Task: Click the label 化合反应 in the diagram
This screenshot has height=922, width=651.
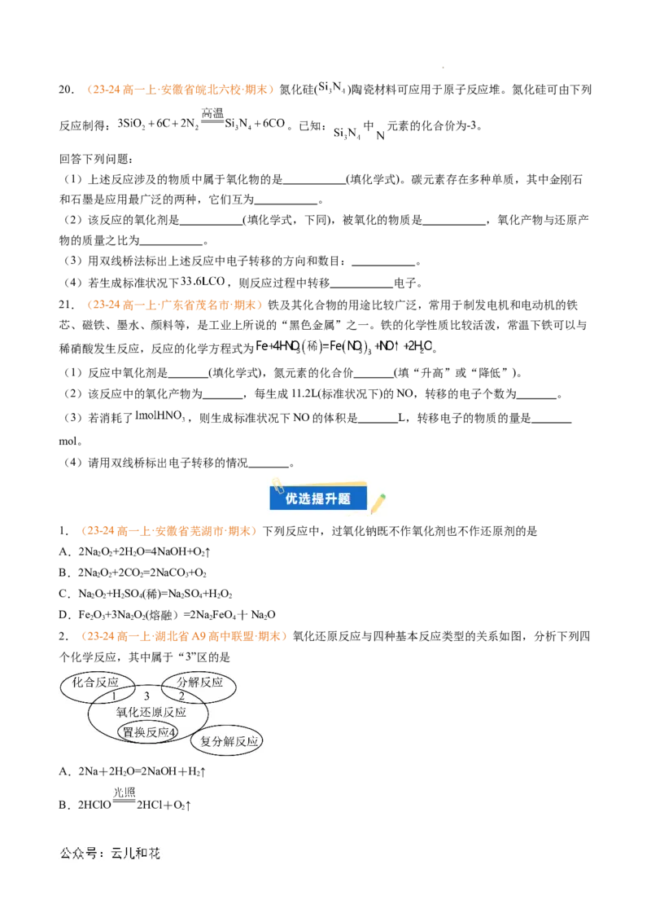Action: coord(95,682)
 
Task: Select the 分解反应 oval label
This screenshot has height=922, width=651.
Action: coord(199,682)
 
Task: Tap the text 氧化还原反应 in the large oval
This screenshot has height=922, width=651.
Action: coord(151,712)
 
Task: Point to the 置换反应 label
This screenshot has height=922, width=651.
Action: coord(145,732)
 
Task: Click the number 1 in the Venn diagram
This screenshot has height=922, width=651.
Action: coord(114,696)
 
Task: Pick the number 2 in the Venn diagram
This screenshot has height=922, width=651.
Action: coord(181,696)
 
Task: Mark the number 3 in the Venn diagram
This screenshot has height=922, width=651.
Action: coord(146,696)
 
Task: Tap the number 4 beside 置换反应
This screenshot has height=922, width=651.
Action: coord(173,732)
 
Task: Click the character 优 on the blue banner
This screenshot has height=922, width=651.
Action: coord(292,498)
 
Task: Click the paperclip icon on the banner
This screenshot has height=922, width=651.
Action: coord(276,482)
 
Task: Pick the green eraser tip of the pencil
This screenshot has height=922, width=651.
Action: coord(384,493)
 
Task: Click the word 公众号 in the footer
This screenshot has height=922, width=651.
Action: coord(76,854)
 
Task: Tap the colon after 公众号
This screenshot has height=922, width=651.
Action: coord(101,854)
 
